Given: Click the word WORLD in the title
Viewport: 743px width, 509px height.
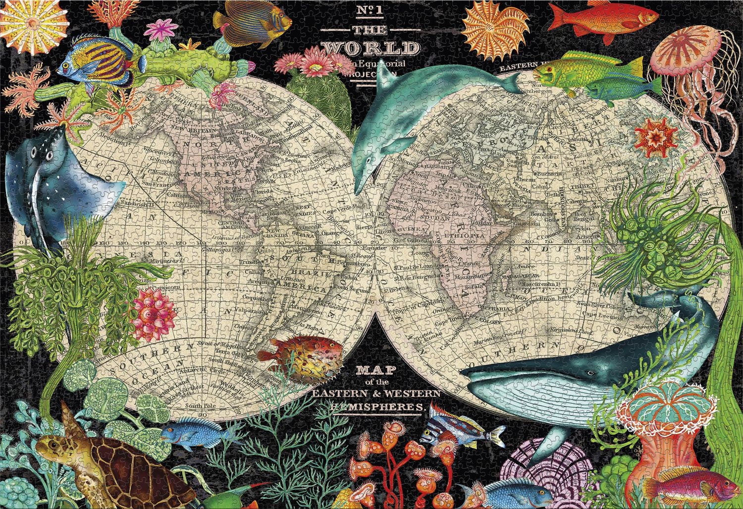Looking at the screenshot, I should tap(371, 48).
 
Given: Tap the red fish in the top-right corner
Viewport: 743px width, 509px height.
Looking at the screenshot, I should tap(590, 18).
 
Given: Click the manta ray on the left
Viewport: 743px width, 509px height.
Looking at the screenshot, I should tap(54, 183).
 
